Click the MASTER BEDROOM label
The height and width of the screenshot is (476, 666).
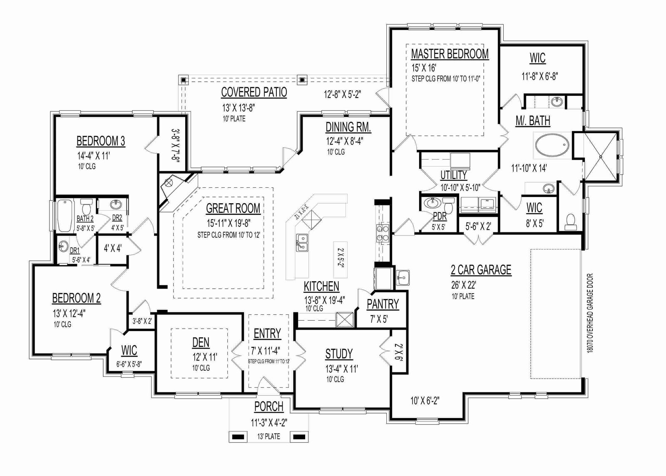tap(450, 54)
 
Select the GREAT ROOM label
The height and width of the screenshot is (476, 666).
tap(233, 208)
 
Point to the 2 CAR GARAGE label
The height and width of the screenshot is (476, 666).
tap(481, 270)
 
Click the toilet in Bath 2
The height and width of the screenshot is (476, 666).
tap(87, 205)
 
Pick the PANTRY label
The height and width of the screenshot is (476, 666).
tap(383, 304)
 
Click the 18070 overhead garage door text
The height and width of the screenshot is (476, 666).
tap(591, 313)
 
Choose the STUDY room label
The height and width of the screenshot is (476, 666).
tap(339, 354)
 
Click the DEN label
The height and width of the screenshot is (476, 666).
tap(201, 343)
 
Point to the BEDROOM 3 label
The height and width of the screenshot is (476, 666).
tap(101, 141)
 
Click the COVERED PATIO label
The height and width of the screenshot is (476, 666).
tap(254, 92)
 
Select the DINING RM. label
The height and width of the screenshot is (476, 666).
tap(348, 127)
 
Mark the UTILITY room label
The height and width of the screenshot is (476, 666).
tap(453, 175)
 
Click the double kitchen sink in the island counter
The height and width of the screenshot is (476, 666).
tap(302, 242)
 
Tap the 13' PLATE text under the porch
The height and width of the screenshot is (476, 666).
tap(269, 436)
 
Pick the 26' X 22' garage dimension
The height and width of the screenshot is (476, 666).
tap(464, 285)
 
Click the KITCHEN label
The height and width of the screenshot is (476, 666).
tap(321, 286)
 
